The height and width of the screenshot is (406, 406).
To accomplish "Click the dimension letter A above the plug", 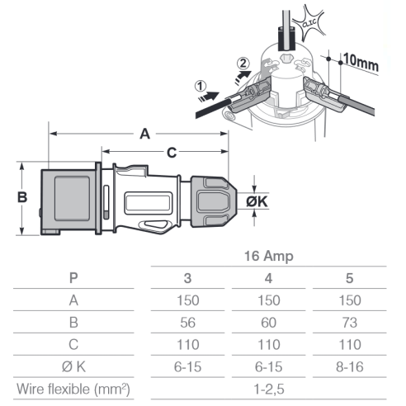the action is click(x=145, y=134).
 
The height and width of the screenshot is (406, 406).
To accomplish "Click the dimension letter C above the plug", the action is click(x=172, y=153).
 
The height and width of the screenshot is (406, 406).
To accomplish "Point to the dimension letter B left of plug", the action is click(x=22, y=197).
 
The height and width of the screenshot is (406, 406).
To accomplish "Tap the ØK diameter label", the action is click(x=257, y=201).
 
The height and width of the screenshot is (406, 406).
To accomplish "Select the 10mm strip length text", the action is click(x=361, y=63).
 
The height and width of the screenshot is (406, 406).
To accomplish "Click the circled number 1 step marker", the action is click(x=201, y=86).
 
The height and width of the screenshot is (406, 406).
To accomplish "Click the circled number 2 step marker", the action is click(x=243, y=64).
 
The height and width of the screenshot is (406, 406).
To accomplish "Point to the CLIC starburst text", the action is click(x=309, y=23).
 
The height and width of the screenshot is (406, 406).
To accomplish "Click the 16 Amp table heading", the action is click(x=269, y=256).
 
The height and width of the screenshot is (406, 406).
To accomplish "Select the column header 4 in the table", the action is click(x=268, y=278).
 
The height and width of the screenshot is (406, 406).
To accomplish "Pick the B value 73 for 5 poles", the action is click(x=349, y=323).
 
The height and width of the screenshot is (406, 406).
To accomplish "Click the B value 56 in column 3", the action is click(x=187, y=323).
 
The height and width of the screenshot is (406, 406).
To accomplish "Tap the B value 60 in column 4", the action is click(x=268, y=323).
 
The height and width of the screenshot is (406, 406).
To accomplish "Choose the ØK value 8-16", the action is click(x=349, y=367).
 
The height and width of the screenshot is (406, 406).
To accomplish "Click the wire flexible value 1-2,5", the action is click(x=268, y=389).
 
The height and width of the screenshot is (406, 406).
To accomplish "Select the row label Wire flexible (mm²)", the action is click(x=73, y=389).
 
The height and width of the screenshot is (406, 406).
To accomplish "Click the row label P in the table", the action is click(x=73, y=278).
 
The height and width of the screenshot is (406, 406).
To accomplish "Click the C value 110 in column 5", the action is click(x=349, y=345).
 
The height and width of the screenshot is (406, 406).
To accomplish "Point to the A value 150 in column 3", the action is click(x=187, y=300).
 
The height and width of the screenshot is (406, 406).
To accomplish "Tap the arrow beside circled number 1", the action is click(x=209, y=97).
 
